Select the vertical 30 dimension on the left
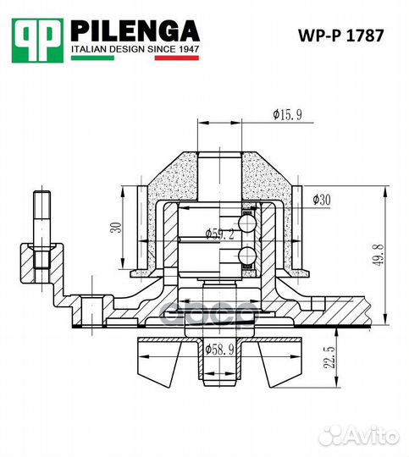[x=116, y=226]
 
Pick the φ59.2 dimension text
[x=219, y=233]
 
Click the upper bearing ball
[x=246, y=223]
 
